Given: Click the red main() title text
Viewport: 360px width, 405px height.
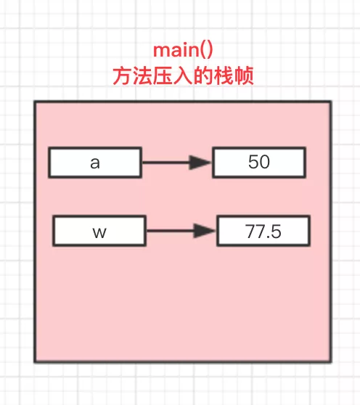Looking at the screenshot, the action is [183, 50].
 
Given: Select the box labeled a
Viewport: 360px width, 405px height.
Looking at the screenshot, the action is [95, 163].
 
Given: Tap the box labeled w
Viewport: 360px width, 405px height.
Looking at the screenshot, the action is [99, 231].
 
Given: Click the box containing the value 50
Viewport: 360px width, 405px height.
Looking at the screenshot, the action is [259, 163].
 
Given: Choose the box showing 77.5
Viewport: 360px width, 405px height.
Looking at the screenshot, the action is [263, 231].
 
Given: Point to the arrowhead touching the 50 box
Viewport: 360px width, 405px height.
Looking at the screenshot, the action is [200, 163].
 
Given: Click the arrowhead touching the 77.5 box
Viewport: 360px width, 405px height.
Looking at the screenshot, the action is [205, 231].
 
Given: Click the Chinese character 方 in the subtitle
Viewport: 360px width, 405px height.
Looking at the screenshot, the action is [123, 75].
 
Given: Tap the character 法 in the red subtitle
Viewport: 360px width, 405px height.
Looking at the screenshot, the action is [143, 75].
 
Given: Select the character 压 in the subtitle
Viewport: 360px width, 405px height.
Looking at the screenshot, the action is [163, 75].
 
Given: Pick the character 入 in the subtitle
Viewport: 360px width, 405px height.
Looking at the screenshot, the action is [183, 75].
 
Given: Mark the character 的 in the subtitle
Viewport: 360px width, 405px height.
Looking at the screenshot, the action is [203, 75].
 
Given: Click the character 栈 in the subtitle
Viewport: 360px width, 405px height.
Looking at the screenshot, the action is [224, 75].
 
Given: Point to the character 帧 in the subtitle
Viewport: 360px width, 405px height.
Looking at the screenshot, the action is [244, 75].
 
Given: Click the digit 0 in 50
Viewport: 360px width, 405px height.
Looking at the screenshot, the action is [265, 162].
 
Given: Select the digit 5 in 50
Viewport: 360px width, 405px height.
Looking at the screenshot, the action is [253, 162].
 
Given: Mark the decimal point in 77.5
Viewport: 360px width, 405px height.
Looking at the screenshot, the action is [269, 237].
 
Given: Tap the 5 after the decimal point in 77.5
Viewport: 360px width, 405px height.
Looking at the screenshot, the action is [276, 232].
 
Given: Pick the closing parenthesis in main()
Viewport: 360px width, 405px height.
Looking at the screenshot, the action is [210, 50].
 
